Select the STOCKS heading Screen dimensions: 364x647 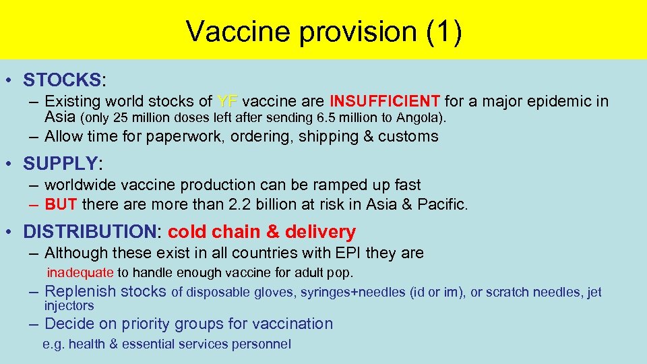(61, 80)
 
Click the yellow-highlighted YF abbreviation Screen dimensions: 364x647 (228, 102)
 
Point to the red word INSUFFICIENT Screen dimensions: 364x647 (384, 102)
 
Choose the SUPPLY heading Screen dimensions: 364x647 (61, 164)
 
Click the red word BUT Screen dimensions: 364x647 (60, 204)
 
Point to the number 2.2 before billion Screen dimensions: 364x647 (270, 204)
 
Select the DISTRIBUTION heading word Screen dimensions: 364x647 (90, 232)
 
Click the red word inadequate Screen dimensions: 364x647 (80, 273)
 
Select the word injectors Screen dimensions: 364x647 (69, 305)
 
